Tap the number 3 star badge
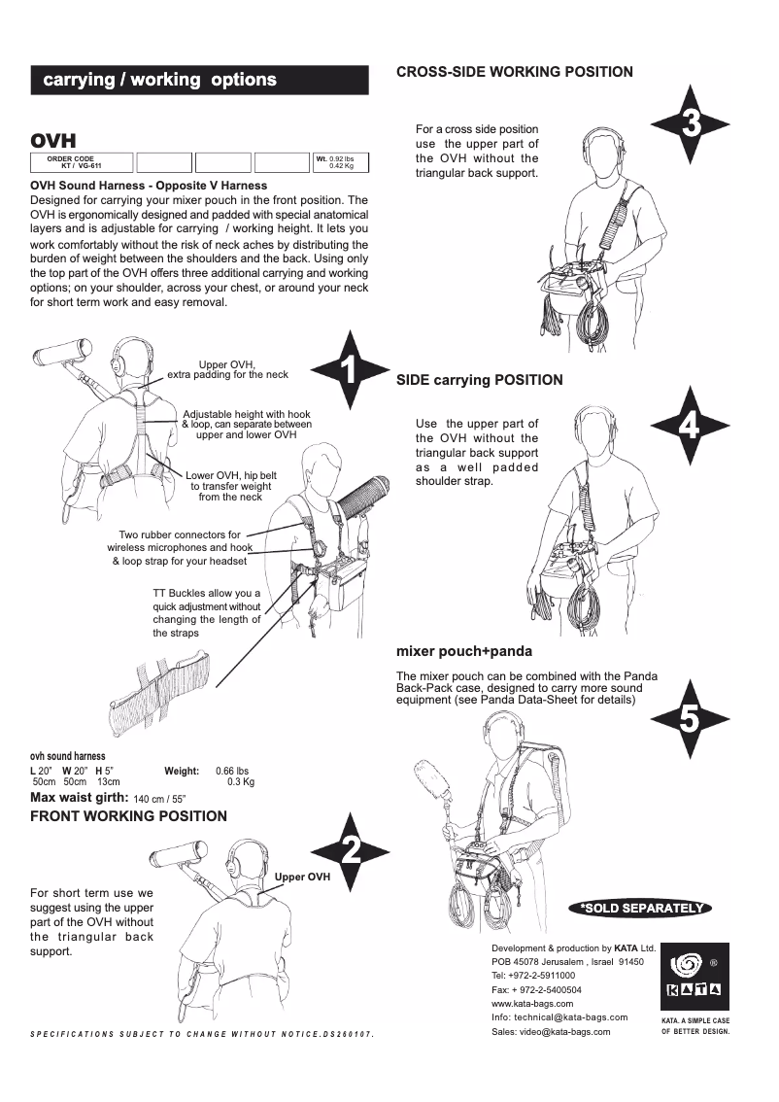pyautogui.click(x=689, y=123)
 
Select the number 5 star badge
pyautogui.click(x=689, y=720)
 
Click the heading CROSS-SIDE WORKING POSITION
pyautogui.click(x=515, y=72)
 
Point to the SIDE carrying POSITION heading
pyautogui.click(x=479, y=380)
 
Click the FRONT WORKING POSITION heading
pyautogui.click(x=128, y=816)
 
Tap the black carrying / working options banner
pyautogui.click(x=199, y=80)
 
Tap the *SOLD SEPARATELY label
pyautogui.click(x=641, y=908)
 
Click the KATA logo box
pyautogui.click(x=694, y=978)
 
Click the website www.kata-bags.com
pyautogui.click(x=532, y=1003)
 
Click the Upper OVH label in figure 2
pyautogui.click(x=302, y=877)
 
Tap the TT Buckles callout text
pyautogui.click(x=206, y=612)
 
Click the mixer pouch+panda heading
pyautogui.click(x=463, y=650)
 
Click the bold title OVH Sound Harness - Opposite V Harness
pyautogui.click(x=149, y=185)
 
